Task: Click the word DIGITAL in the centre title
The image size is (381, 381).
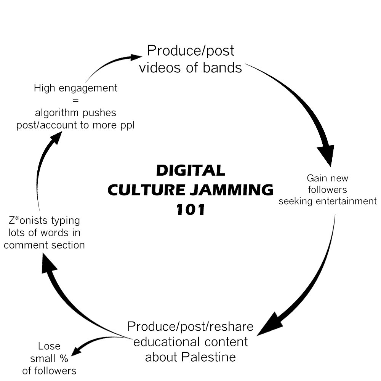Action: point(190,170)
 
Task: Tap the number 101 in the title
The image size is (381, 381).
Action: point(190,209)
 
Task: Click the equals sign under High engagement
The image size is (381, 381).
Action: point(75,101)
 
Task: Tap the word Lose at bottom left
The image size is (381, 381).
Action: point(49,346)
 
